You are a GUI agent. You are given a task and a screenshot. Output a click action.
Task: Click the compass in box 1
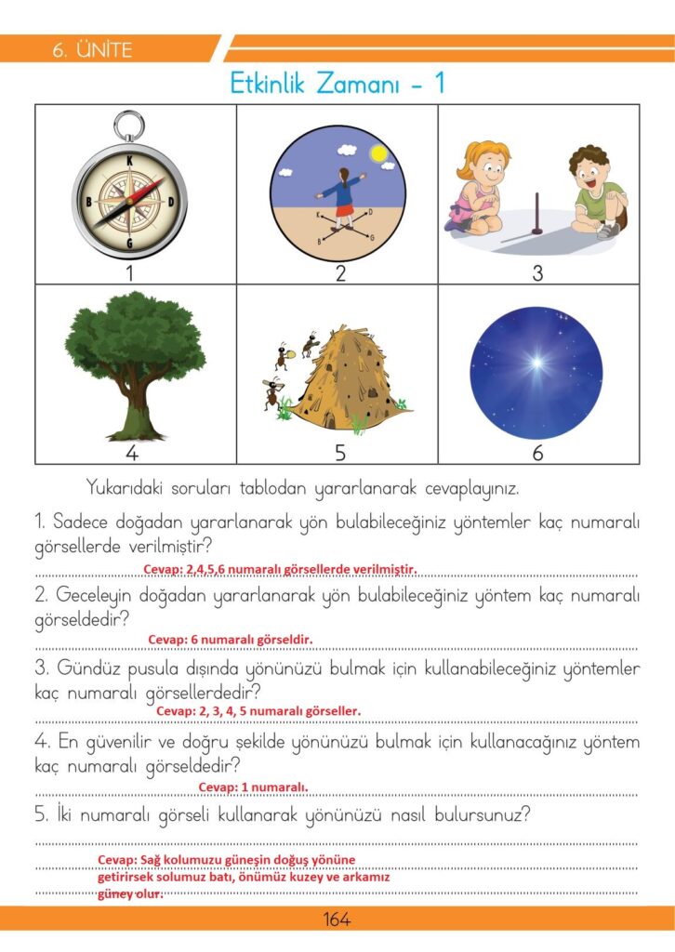tap(129, 195)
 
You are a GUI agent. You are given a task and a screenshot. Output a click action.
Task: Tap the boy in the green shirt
tap(595, 192)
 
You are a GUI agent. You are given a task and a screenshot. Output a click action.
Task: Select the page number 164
tap(337, 919)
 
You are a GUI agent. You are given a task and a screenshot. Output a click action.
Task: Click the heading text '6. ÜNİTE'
tap(93, 50)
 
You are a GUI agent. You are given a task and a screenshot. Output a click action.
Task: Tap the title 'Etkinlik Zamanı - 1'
tap(337, 84)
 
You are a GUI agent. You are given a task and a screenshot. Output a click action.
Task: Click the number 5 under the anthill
tap(340, 453)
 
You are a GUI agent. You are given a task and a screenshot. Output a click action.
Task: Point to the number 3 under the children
tap(537, 273)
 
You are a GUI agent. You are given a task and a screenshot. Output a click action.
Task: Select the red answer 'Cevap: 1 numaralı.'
tap(253, 787)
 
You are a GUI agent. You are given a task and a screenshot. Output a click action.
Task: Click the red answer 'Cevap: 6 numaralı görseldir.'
tap(231, 640)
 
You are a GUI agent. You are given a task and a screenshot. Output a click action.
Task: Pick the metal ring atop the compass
tap(128, 124)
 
